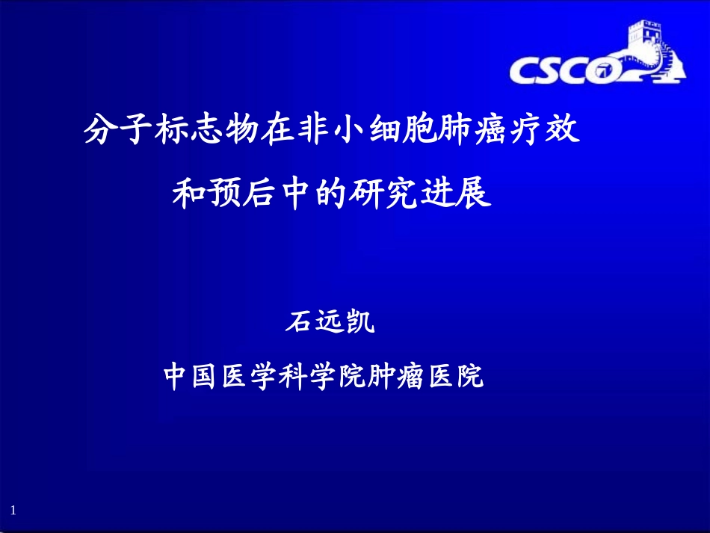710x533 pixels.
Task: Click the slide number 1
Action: (x=13, y=510)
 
